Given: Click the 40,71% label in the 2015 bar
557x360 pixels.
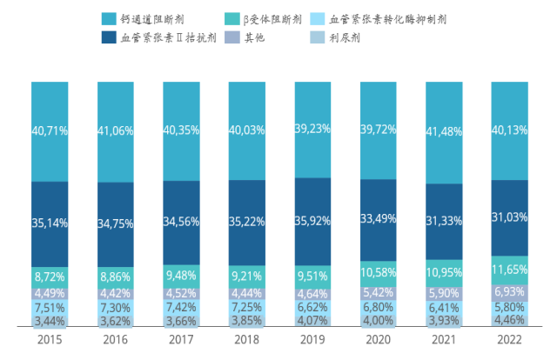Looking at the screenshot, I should [50, 132].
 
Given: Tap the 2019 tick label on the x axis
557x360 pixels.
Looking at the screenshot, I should [312, 342].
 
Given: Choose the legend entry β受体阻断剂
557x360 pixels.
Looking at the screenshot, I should [271, 17].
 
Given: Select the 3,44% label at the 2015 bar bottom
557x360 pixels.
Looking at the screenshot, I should [50, 322].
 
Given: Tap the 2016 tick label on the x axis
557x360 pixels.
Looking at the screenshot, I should [115, 342].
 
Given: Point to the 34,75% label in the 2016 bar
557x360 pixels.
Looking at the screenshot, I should [115, 223].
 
